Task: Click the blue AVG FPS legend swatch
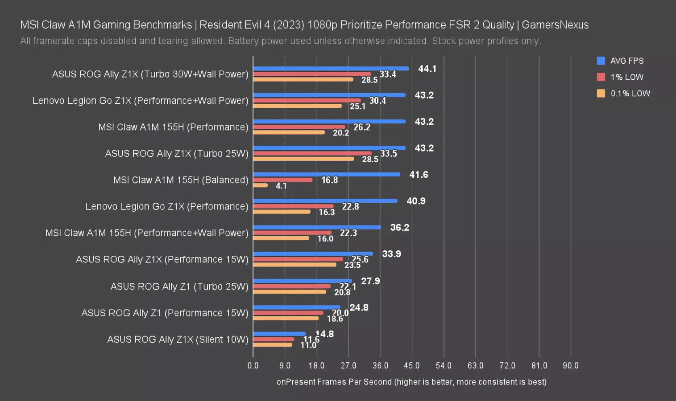[x=601, y=61]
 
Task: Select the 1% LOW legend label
[x=627, y=77]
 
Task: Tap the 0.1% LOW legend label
[x=630, y=94]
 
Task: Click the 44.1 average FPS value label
[x=427, y=69]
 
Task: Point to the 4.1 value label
[x=281, y=186]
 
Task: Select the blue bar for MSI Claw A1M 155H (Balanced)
[x=327, y=174]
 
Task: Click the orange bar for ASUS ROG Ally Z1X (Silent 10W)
[x=273, y=344]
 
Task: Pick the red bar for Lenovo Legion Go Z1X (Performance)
[x=293, y=206]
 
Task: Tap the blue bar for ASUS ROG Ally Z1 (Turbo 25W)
[x=303, y=281]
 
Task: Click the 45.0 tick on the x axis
[x=411, y=366]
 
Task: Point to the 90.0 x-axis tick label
[x=570, y=366]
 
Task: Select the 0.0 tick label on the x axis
[x=253, y=366]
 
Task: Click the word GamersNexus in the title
[x=555, y=25]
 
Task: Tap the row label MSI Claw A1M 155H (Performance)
[x=173, y=127]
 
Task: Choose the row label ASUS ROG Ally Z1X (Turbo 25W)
[x=177, y=154]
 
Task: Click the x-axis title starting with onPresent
[x=411, y=382]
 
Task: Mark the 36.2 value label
[x=399, y=228]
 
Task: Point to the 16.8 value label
[x=329, y=180]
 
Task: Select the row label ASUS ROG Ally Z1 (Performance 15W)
[x=165, y=313]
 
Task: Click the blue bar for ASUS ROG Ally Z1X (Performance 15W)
[x=313, y=254]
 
